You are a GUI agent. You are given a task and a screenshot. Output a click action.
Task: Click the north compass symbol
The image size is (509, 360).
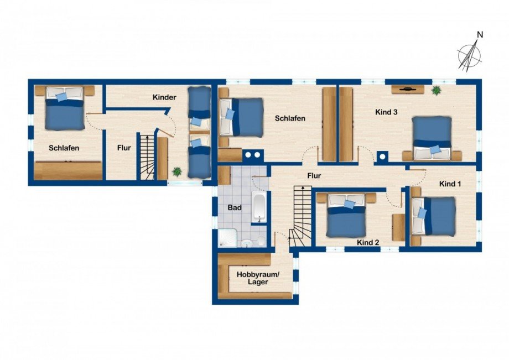coord(470,53)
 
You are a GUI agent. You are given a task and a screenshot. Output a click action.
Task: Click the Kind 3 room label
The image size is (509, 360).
coord(386,112)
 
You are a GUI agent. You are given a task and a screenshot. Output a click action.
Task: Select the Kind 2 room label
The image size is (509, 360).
coord(367,242)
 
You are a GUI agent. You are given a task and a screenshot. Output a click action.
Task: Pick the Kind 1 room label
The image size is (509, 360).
coord(450,183)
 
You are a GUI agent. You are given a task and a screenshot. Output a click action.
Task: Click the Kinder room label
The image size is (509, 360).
coord(164,97)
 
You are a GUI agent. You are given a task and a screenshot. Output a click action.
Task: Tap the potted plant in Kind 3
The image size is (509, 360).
coord(437,90)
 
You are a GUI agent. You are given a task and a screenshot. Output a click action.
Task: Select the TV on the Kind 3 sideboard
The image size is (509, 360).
coord(408,88)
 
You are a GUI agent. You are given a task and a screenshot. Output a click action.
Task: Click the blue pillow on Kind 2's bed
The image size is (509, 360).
coord(349,204)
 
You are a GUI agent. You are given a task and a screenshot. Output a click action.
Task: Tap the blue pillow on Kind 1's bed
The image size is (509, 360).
coord(423,213)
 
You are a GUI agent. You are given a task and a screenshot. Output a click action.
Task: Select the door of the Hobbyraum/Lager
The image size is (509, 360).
coord(281,239)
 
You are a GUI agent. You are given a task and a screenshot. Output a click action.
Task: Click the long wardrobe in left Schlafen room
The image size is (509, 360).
coord(68,170)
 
